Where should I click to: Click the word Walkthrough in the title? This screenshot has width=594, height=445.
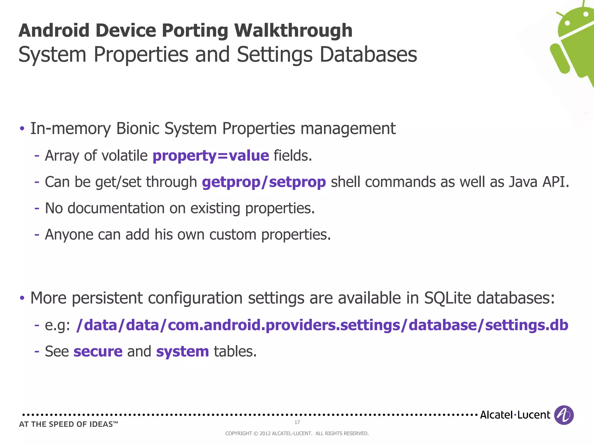pos(293,31)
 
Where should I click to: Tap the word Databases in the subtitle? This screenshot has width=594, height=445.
pos(368,54)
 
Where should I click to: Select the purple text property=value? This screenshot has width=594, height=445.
pos(211,156)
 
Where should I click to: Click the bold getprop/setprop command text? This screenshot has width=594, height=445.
pos(264,182)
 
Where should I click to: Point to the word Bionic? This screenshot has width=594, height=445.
pos(137,128)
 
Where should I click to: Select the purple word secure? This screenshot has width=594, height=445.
pos(98,351)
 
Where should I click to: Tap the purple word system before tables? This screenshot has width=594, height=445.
pos(182,351)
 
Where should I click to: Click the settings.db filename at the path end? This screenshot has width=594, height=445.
pos(526,325)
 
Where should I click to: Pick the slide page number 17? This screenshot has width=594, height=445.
pos(297,422)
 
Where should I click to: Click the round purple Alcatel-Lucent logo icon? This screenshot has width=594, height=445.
pos(564,415)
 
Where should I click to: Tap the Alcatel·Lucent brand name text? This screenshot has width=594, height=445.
pos(515,415)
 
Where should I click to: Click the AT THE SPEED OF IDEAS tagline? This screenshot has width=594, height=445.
pos(68,424)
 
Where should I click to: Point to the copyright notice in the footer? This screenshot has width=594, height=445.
pos(297,433)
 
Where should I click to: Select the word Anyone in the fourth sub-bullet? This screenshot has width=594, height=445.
pos(69,235)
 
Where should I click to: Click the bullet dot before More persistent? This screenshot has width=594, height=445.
pos(22,298)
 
